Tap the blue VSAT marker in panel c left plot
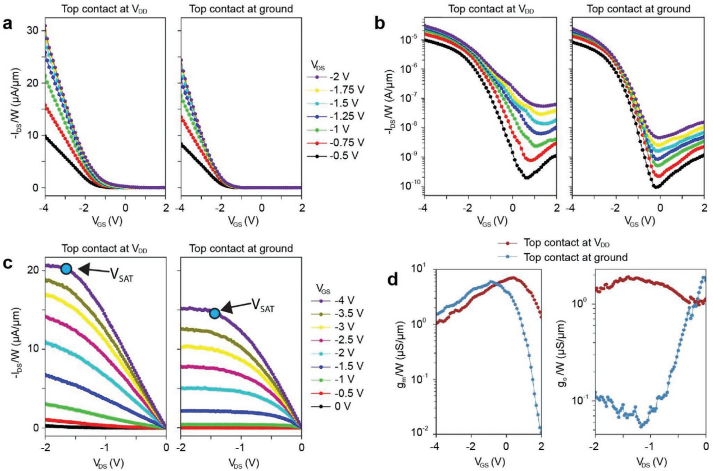point(66,268)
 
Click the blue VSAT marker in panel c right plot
point(215,313)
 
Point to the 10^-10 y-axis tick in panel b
point(408,188)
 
